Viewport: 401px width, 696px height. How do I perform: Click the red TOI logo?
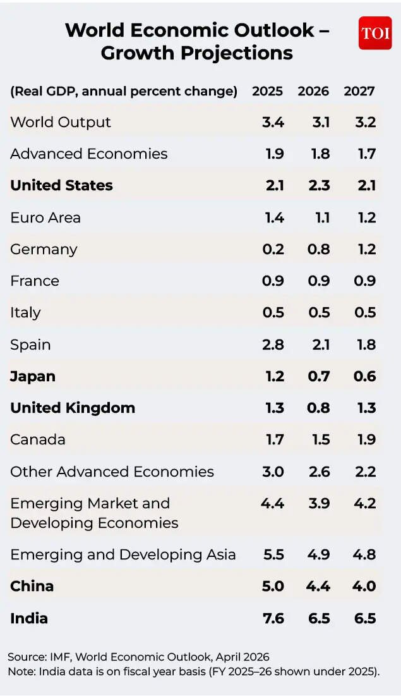coord(375,33)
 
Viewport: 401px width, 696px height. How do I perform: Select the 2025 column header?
coord(267,91)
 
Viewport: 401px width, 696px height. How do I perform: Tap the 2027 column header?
coord(359,91)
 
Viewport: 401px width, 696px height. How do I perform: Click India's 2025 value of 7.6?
coord(273,618)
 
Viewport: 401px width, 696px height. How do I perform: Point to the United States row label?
coord(61,185)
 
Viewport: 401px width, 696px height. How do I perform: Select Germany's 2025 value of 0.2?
coord(273,249)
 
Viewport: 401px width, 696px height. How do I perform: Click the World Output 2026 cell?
coord(320,122)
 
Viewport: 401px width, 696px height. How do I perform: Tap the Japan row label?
coord(33,376)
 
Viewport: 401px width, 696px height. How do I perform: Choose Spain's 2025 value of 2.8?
coord(273,345)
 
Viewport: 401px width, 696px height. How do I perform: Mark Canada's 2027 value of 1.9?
coord(366,439)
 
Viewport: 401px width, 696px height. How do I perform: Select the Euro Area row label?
coord(45,217)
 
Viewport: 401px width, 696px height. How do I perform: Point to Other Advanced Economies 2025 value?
coord(273,472)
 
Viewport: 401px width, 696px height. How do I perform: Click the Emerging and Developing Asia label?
coord(123,554)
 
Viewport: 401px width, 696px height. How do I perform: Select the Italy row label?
coord(25,312)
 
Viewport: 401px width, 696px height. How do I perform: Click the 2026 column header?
coord(313,91)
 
